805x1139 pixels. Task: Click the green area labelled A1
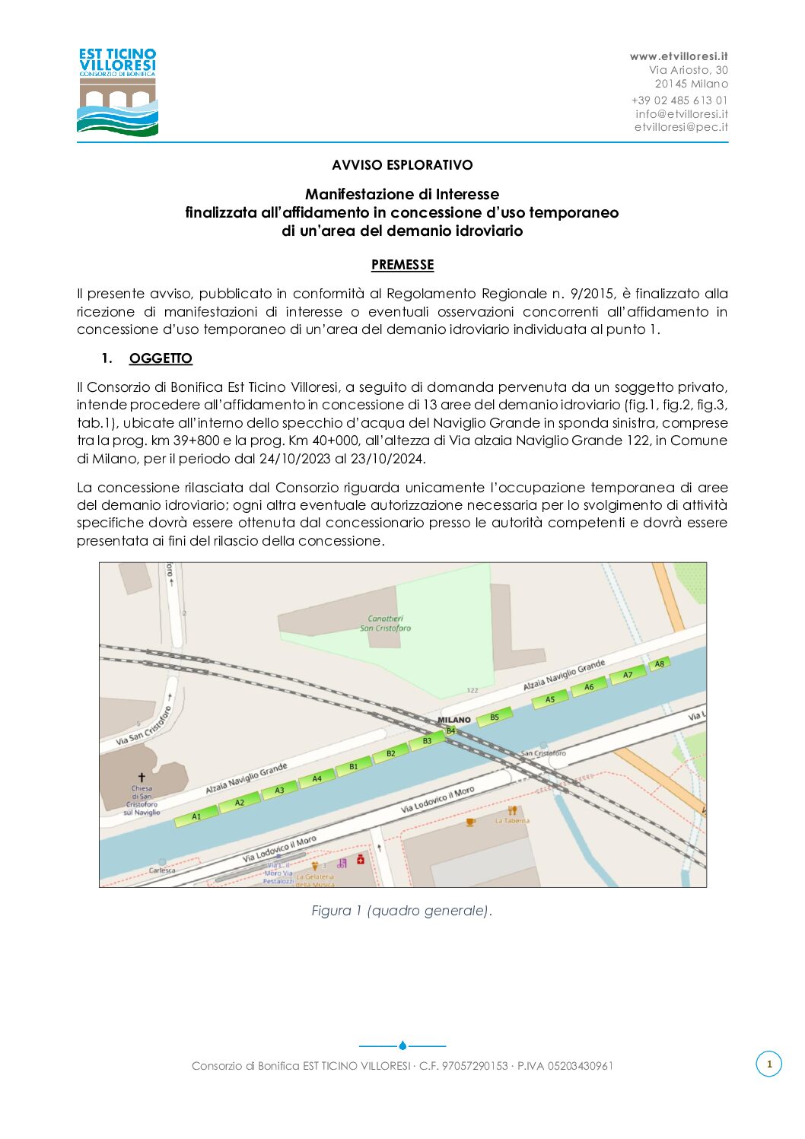195,816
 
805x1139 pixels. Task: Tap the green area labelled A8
659,664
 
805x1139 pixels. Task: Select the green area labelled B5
494,717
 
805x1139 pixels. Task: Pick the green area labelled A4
317,778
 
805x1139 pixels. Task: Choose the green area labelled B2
390,753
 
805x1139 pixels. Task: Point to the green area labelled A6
588,687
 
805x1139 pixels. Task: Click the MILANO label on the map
454,719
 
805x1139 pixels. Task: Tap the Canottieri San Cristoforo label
385,623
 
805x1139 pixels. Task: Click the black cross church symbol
142,777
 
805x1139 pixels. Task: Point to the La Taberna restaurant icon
512,810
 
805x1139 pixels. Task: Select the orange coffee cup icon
470,822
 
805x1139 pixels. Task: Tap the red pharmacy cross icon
361,859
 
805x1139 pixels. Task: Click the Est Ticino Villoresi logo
117,92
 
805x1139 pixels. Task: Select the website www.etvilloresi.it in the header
679,56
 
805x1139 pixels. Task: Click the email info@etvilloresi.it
682,113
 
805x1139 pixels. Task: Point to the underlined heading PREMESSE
402,265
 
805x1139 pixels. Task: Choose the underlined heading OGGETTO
161,358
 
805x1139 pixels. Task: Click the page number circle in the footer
768,1064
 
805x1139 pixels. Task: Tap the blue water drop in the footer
402,1045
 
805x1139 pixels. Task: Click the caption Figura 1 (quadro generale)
402,911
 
